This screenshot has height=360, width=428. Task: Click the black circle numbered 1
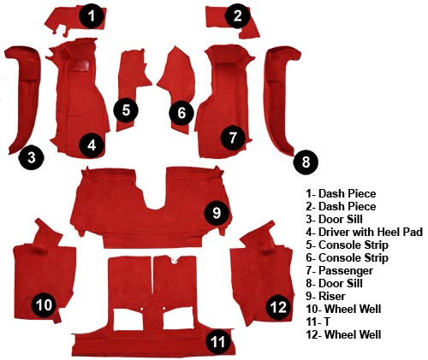(x=92, y=16)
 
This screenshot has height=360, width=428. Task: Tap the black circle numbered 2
(x=237, y=16)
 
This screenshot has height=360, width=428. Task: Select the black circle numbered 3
(x=32, y=157)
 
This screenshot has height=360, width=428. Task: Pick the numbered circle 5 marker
(x=126, y=110)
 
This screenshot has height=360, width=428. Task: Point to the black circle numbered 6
(x=181, y=113)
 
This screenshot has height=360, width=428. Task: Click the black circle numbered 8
(x=306, y=162)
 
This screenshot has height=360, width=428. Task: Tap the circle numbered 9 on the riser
(x=217, y=212)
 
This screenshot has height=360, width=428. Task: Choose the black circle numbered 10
(x=44, y=304)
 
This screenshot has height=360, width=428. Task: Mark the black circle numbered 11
(x=219, y=342)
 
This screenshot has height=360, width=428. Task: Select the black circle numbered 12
(x=278, y=307)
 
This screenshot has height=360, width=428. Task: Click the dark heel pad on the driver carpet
(x=80, y=66)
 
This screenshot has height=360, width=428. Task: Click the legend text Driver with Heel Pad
(x=371, y=232)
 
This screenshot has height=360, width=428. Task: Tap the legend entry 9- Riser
(x=325, y=296)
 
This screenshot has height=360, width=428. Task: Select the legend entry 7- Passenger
(x=339, y=270)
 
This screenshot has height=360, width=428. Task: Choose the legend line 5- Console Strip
(x=347, y=245)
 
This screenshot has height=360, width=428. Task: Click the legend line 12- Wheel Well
(x=343, y=334)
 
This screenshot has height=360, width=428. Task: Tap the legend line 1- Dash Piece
(x=341, y=193)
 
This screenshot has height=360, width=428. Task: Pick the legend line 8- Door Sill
(x=334, y=283)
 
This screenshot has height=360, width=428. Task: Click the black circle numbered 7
(x=233, y=138)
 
